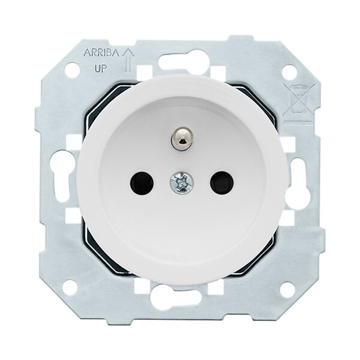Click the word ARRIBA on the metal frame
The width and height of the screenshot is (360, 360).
101,53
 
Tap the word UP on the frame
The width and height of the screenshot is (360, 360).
100,68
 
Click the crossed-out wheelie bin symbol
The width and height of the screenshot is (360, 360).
299,100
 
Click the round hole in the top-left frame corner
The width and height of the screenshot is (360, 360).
72,70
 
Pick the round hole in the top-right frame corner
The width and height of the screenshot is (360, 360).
289,72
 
